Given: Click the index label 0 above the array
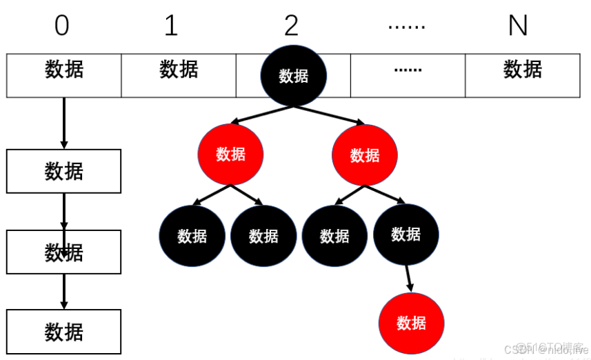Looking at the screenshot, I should [x=62, y=26].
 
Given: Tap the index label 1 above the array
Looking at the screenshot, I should [x=171, y=26].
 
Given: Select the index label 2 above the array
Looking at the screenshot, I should [x=291, y=26].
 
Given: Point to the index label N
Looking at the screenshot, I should [x=517, y=26].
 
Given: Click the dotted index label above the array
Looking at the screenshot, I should [x=406, y=26].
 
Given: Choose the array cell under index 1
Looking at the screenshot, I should [x=179, y=74].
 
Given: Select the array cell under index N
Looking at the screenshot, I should [x=522, y=74].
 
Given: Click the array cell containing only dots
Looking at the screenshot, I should [x=408, y=74].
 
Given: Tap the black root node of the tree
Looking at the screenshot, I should [x=293, y=76].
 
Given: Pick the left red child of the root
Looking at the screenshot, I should [x=230, y=154].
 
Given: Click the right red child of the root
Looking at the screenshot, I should [x=364, y=154].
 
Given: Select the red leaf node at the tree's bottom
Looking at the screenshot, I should [x=411, y=323].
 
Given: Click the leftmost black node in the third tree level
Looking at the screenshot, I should [x=192, y=236].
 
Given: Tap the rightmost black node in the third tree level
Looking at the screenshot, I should [x=405, y=234].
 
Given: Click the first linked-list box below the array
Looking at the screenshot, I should [x=64, y=171].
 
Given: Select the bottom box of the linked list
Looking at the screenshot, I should [x=64, y=332].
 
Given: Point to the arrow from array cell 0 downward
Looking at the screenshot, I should [x=64, y=123].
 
